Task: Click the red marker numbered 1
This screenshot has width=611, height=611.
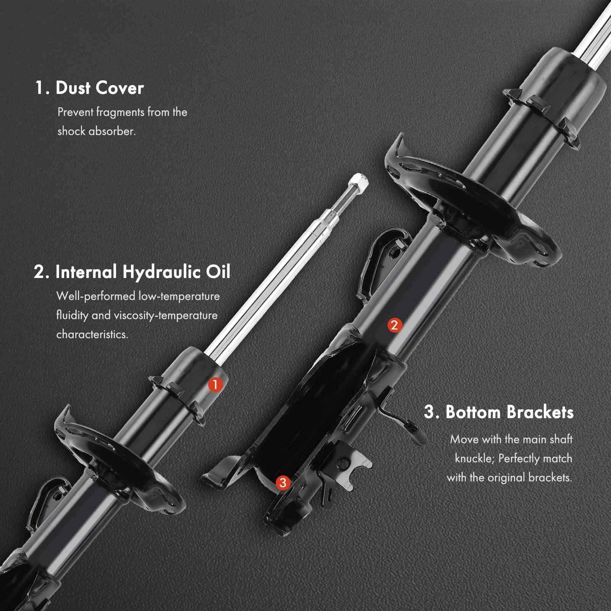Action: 215,385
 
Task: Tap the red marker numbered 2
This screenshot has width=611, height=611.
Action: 394,325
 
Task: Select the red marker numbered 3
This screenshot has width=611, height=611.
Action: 283,483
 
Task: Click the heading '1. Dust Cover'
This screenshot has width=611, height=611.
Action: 89,88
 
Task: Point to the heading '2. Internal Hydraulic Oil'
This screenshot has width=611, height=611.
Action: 132,272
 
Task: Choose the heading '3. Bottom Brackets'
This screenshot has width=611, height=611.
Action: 499,412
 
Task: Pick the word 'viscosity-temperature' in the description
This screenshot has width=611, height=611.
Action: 166,315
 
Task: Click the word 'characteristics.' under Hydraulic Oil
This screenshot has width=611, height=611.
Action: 92,335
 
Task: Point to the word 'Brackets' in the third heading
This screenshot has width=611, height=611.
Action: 540,412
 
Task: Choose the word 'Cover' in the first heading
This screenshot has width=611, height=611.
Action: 120,88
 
